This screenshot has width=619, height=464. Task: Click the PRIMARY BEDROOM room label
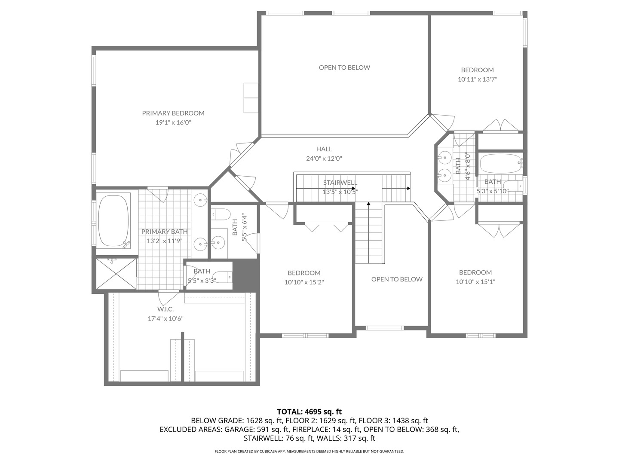click(x=173, y=113)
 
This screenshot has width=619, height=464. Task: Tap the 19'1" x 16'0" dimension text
click(x=173, y=122)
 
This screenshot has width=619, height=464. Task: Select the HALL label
click(x=324, y=149)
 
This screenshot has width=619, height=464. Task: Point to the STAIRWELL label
click(x=340, y=183)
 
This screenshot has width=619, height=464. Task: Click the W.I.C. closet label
click(x=165, y=309)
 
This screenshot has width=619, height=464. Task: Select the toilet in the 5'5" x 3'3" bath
click(x=223, y=277)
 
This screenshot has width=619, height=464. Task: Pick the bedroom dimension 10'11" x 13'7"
click(x=477, y=79)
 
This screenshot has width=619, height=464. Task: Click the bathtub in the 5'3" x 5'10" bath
click(x=500, y=164)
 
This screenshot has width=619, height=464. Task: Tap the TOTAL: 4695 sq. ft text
click(x=309, y=412)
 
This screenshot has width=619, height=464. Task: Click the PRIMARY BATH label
click(x=165, y=232)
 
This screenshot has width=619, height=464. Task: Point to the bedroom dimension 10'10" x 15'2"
click(x=304, y=282)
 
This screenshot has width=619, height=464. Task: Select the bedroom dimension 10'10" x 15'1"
click(x=475, y=282)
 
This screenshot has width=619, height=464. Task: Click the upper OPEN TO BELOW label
click(x=344, y=67)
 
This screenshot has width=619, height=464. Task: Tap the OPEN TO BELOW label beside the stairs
click(x=397, y=279)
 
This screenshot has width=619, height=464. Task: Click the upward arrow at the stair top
click(x=368, y=204)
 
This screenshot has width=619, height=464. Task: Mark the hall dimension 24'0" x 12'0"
click(x=324, y=159)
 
